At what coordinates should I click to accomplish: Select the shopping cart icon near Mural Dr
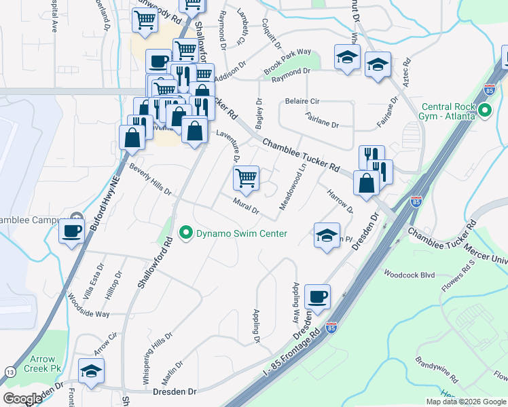(x=246, y=178)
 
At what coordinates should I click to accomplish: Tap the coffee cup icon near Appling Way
(x=317, y=296)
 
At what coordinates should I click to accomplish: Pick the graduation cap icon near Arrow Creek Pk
(x=90, y=371)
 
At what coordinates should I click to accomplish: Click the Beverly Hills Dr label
(x=151, y=179)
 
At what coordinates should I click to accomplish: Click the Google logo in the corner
(x=22, y=398)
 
